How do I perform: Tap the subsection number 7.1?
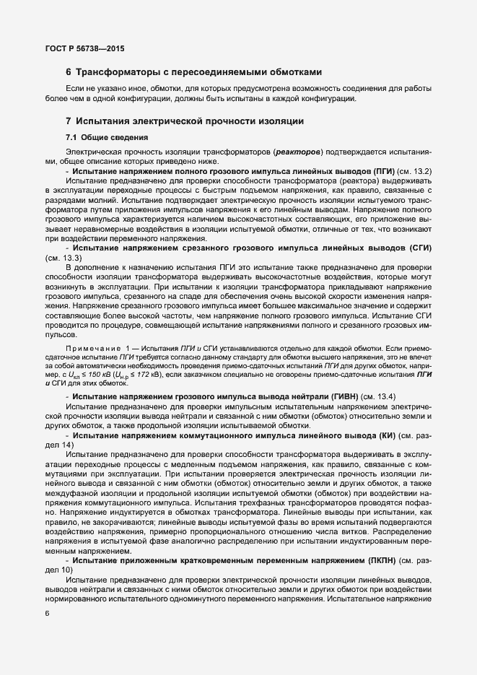tap(72, 136)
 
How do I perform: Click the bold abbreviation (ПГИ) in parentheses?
tap(385, 171)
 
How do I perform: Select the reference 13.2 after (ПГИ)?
tap(423, 171)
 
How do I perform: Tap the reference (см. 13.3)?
tap(63, 257)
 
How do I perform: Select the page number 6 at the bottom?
tap(48, 614)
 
